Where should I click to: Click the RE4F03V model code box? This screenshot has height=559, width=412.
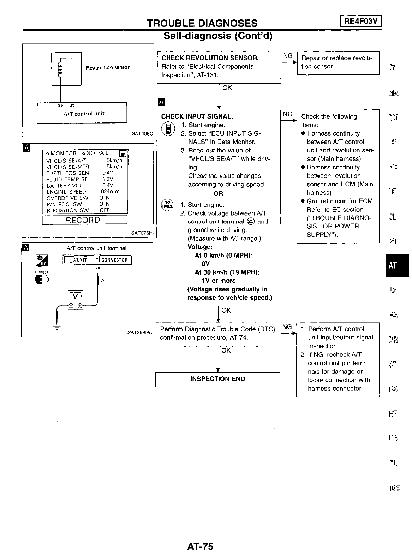coord(360,22)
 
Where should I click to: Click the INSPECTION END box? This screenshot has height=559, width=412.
coord(217,379)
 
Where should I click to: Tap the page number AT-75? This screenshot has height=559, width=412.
coord(201,547)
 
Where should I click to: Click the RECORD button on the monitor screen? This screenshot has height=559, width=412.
coord(84,220)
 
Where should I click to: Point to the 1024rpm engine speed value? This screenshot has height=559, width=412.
coord(109,192)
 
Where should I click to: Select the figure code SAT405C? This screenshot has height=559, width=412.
coord(142,134)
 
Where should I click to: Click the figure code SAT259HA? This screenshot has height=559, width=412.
coord(139,332)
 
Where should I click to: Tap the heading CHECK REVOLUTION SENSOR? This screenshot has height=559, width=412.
coord(210,58)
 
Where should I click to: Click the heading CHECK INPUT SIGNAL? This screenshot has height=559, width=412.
coord(197,116)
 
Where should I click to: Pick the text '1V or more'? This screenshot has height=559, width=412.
coord(219,281)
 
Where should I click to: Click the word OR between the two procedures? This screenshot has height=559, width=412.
coord(219,193)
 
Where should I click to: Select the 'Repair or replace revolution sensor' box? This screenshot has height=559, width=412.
coord(338,62)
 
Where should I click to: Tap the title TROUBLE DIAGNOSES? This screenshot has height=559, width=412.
coord(202,23)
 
